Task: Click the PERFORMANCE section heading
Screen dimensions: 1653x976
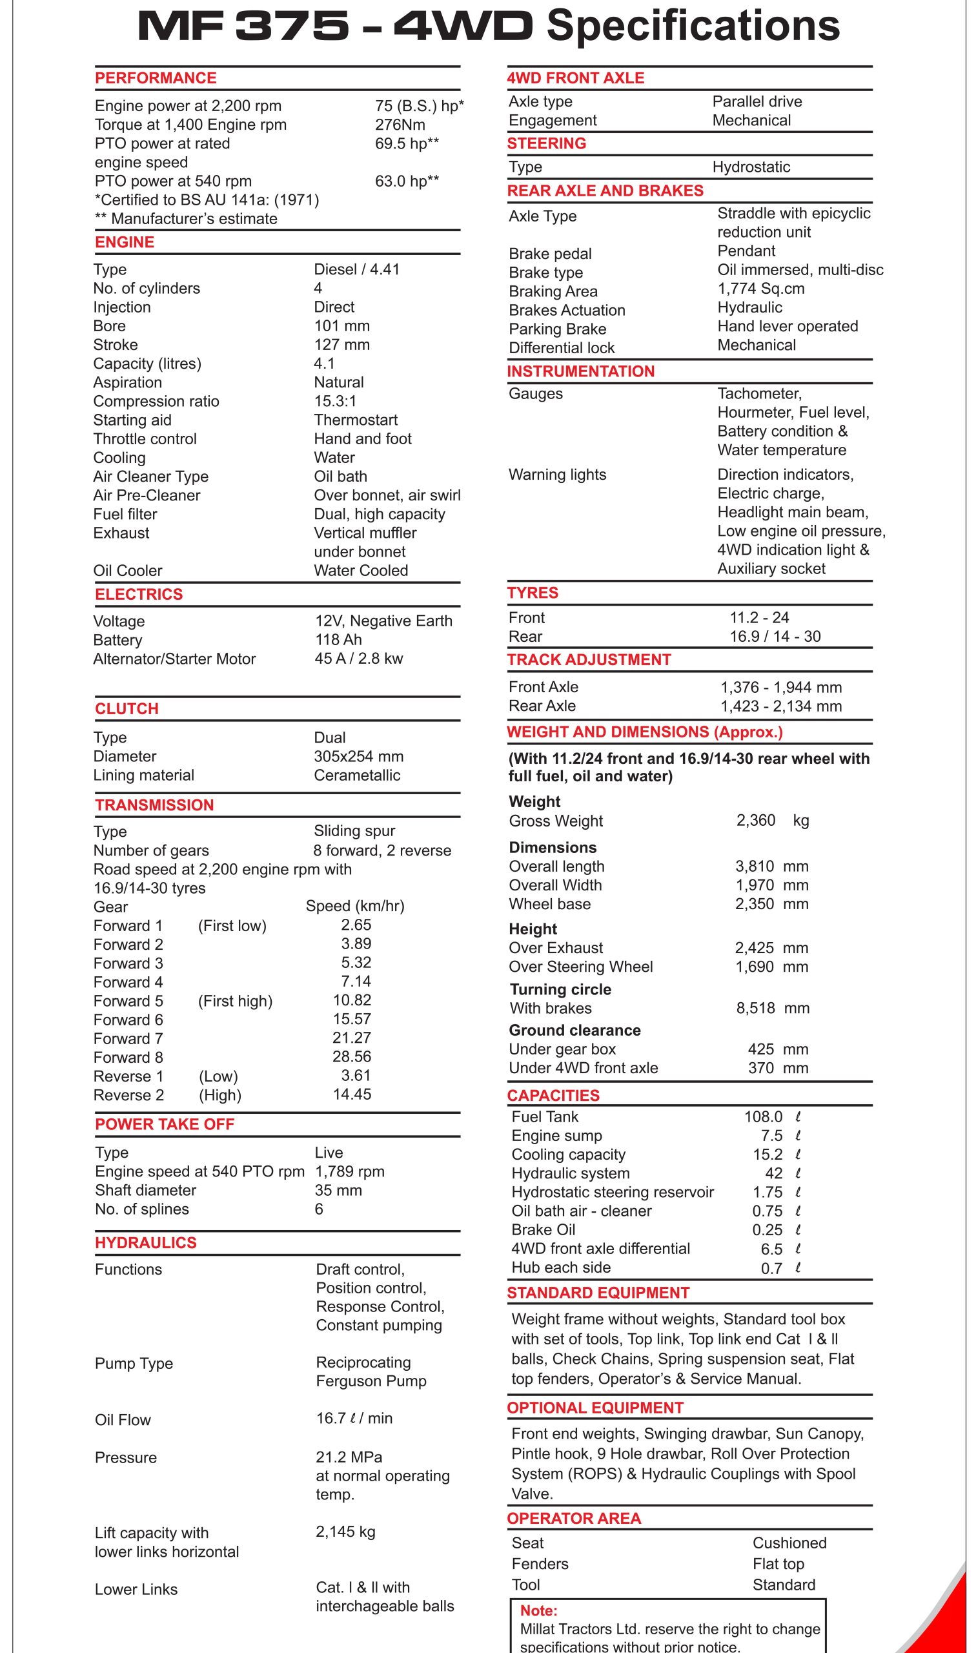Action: point(155,78)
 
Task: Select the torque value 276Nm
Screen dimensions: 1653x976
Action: point(400,125)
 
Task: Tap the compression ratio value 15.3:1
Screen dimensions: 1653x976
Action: point(335,401)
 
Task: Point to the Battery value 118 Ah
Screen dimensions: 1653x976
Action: point(338,640)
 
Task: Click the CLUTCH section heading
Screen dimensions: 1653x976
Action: point(127,709)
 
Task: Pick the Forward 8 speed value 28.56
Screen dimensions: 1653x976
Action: point(352,1057)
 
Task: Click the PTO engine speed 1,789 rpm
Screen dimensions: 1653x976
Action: point(349,1171)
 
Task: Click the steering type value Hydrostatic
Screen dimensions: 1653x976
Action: point(751,167)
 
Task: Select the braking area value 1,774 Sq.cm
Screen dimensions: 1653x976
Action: point(760,289)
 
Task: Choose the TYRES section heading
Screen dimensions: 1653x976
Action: point(532,593)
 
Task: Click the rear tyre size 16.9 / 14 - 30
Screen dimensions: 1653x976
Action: point(775,637)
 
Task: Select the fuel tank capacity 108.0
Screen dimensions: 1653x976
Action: point(763,1117)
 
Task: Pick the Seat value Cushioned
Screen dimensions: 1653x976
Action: point(789,1543)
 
